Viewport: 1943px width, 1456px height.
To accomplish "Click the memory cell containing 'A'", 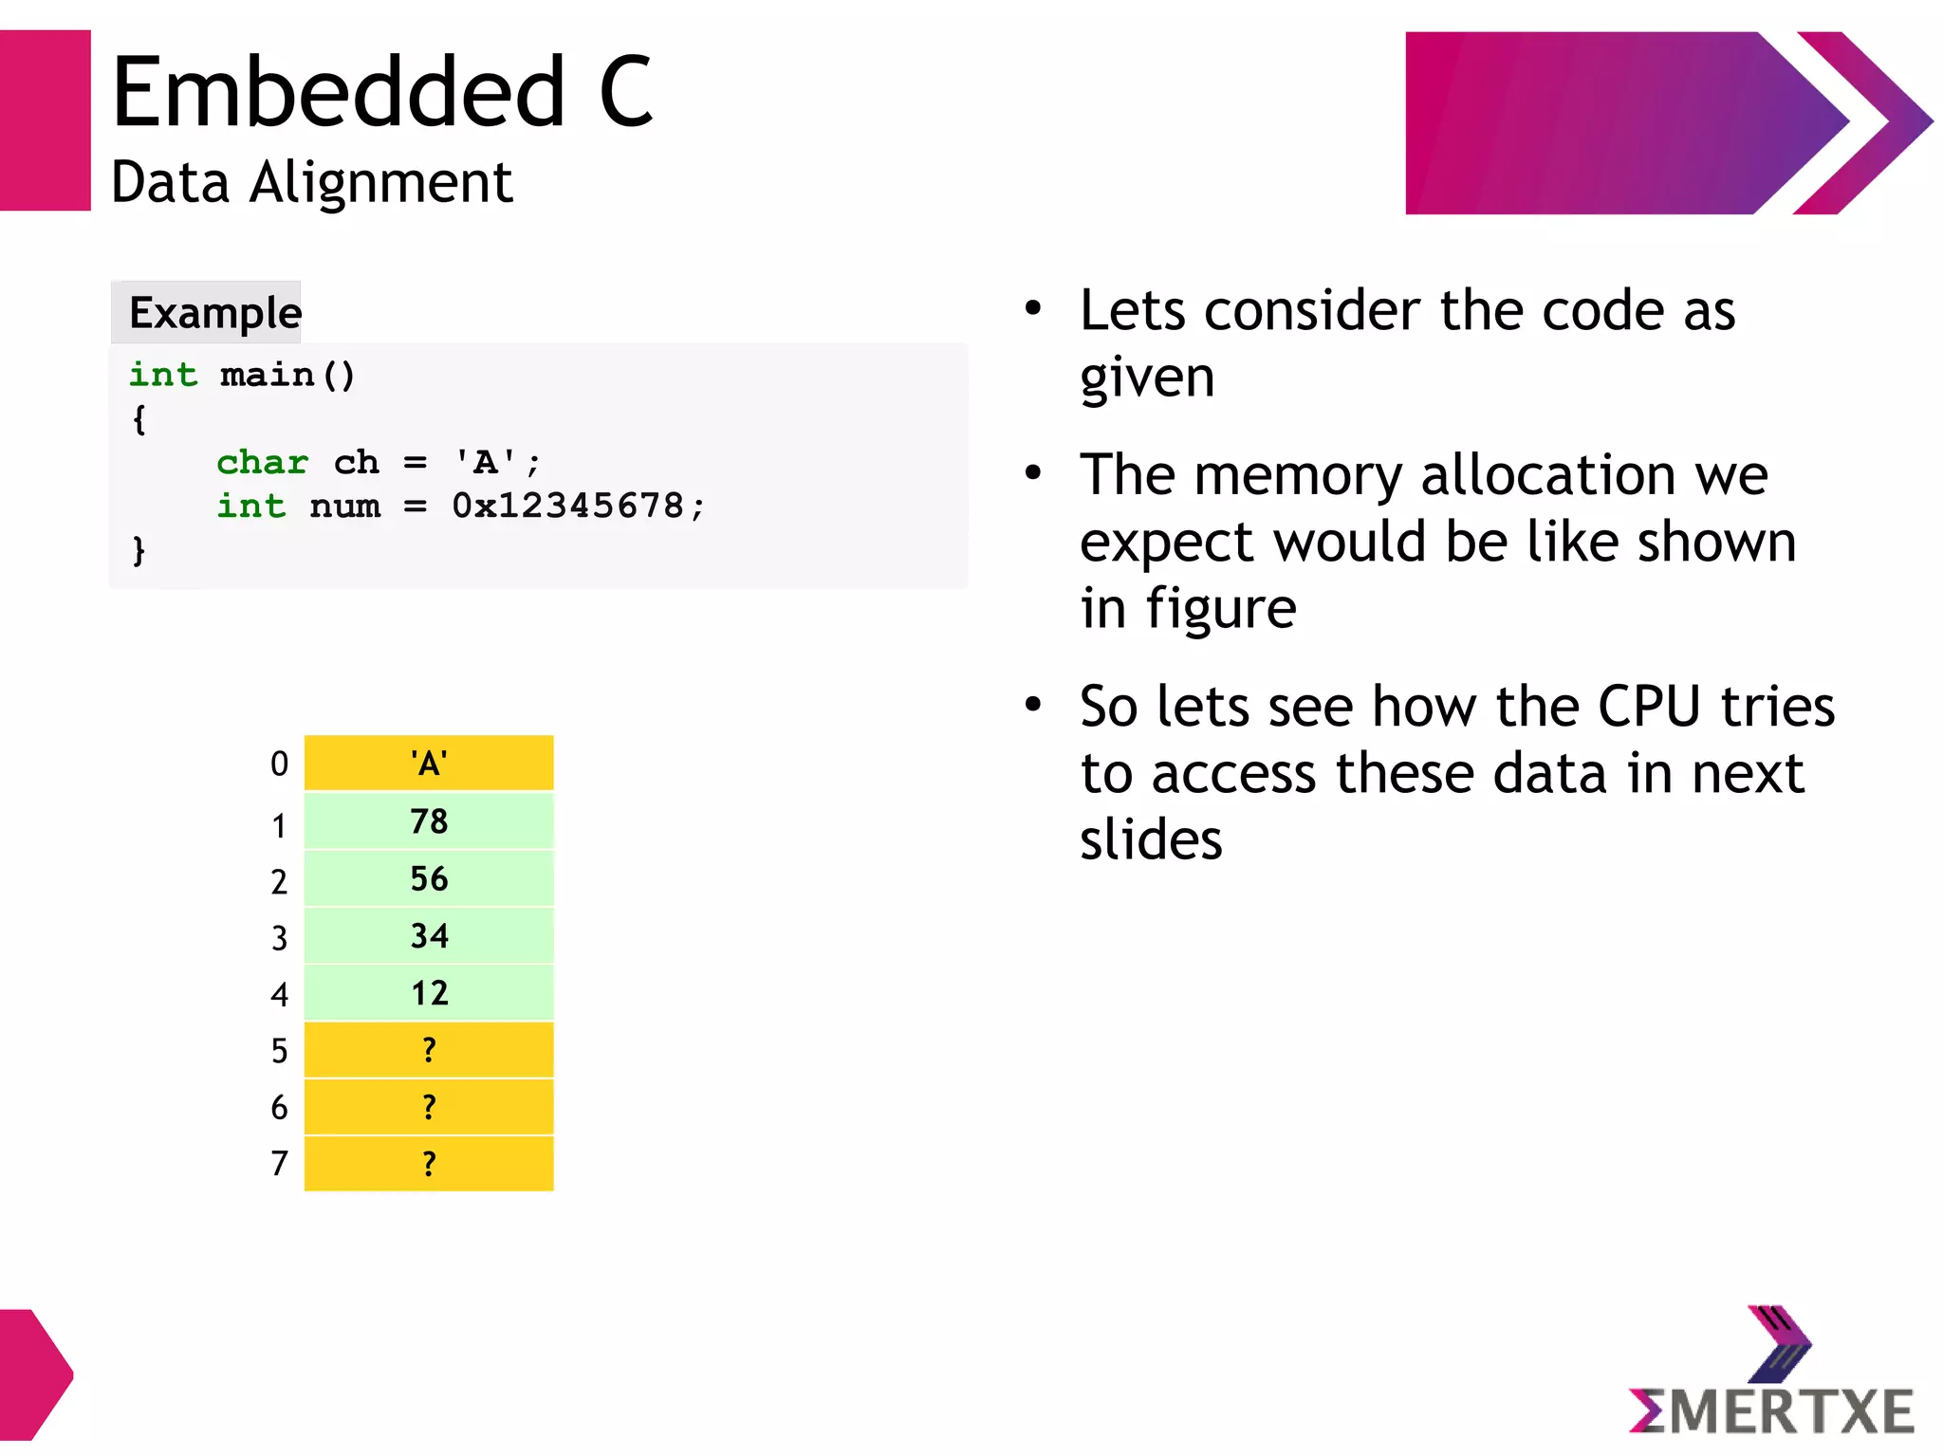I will pyautogui.click(x=429, y=764).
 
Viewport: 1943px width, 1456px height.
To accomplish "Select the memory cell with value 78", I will pyautogui.click(x=429, y=821).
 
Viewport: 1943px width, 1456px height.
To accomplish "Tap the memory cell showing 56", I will pyautogui.click(x=429, y=879).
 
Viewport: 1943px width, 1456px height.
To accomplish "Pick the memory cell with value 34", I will pyautogui.click(x=429, y=936).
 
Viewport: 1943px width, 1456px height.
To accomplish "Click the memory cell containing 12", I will pyautogui.click(x=429, y=993).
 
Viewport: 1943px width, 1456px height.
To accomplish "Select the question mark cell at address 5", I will pyautogui.click(x=429, y=1050).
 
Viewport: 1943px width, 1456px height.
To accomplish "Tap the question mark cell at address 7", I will pyautogui.click(x=429, y=1164).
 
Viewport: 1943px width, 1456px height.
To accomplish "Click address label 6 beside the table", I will pyautogui.click(x=279, y=1108).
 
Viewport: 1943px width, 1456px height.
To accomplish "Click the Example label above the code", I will pyautogui.click(x=214, y=313).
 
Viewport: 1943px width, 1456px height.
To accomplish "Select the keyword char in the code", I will pyautogui.click(x=262, y=463).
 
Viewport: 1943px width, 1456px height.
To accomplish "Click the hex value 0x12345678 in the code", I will pyautogui.click(x=567, y=507).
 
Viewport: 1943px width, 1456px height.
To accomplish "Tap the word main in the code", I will pyautogui.click(x=267, y=376).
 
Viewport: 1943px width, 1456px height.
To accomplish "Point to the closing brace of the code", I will pyautogui.click(x=139, y=550).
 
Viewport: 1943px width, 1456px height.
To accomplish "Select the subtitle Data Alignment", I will pyautogui.click(x=311, y=182).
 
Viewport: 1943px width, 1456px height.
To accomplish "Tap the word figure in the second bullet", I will pyautogui.click(x=1221, y=608).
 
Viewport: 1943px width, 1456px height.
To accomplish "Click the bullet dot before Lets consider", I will pyautogui.click(x=1033, y=308).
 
